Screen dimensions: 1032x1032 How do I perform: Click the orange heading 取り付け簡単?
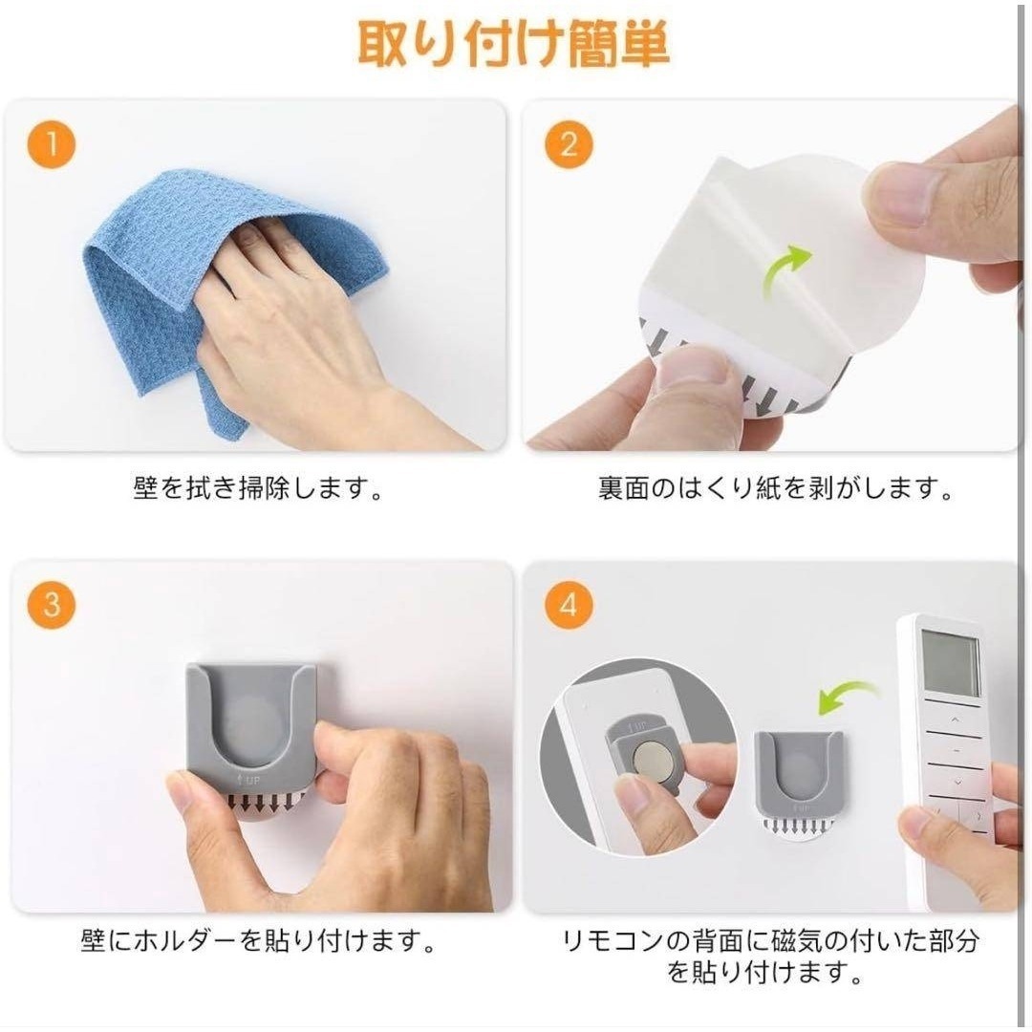[x=514, y=43]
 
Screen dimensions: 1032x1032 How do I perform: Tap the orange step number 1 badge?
[x=52, y=144]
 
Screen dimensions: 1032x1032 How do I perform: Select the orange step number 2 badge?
[x=569, y=144]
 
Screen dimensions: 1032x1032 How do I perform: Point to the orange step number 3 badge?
[x=52, y=604]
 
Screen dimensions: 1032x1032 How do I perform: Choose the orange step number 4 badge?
[x=569, y=604]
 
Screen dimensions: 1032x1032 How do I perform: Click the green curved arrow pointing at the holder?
[x=845, y=698]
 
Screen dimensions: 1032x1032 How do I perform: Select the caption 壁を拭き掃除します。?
[x=258, y=488]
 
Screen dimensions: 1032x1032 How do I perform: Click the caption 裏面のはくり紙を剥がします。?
[x=775, y=488]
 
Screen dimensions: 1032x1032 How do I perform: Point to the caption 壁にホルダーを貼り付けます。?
[x=258, y=941]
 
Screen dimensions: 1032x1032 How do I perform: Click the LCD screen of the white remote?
[x=950, y=663]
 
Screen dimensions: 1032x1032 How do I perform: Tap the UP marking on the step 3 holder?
[x=248, y=781]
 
